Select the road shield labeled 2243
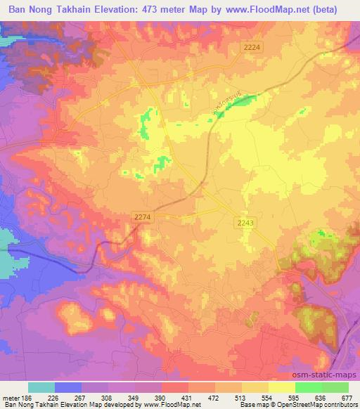click(x=244, y=222)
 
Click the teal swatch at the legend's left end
click(x=41, y=387)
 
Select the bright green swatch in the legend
click(x=308, y=387)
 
